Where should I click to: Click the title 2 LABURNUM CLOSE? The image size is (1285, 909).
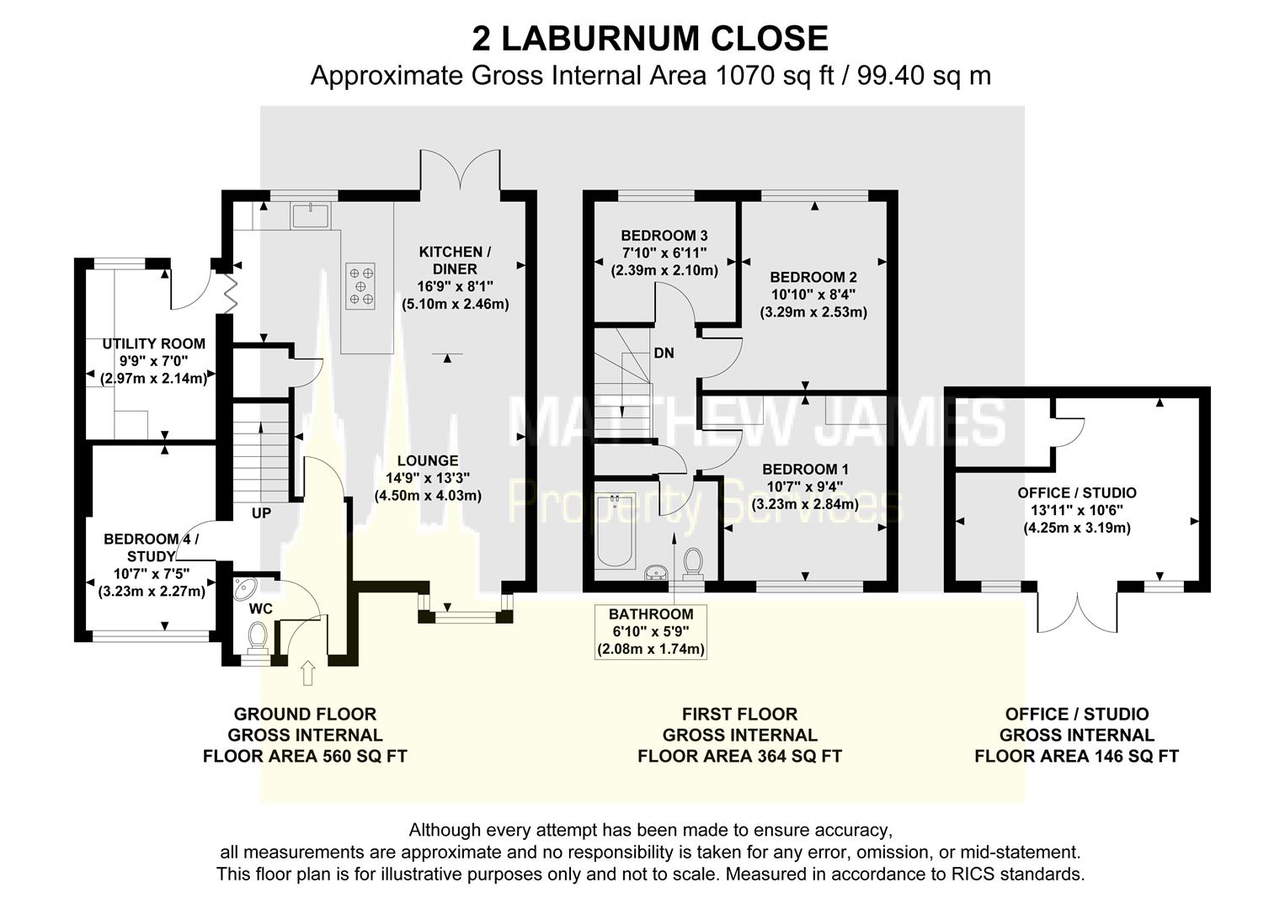point(649,39)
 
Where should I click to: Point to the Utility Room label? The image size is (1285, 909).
point(153,344)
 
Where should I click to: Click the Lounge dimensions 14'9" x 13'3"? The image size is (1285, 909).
point(428,478)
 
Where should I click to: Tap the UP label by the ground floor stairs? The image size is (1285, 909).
point(261,512)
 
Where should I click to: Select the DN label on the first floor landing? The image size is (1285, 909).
point(664,353)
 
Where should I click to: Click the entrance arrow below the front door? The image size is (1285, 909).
point(307,672)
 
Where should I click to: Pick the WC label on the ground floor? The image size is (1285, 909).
point(261,609)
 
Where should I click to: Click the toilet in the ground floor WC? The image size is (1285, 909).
point(257,636)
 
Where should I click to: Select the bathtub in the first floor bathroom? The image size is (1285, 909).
point(614,531)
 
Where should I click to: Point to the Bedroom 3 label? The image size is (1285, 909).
point(664,236)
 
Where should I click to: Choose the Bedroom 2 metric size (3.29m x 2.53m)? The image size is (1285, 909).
point(813,312)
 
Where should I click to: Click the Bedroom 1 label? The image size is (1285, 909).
point(805,470)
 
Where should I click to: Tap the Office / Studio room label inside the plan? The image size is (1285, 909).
point(1076,493)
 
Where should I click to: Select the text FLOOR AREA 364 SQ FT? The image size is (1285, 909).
point(739,756)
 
